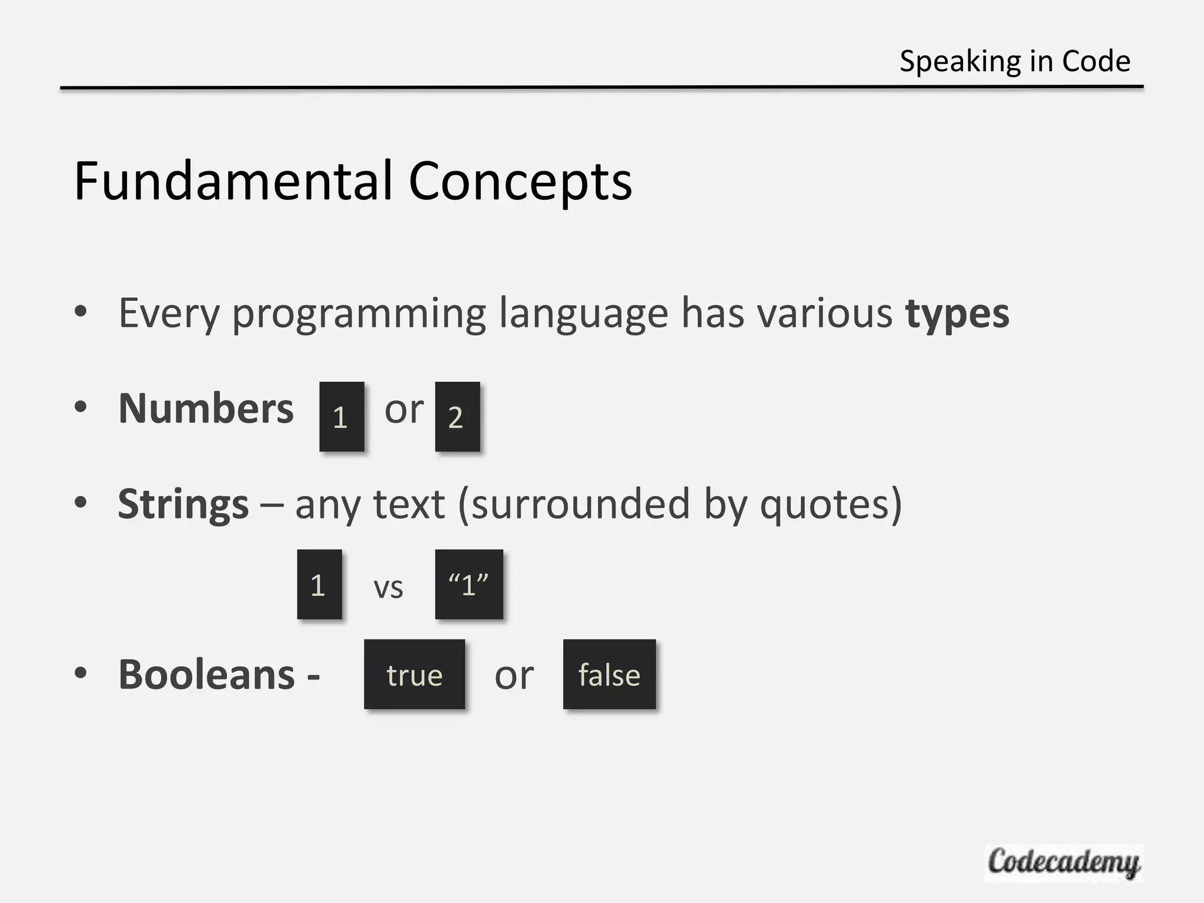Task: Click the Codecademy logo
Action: pyautogui.click(x=1063, y=862)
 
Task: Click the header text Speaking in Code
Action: pyautogui.click(x=1015, y=61)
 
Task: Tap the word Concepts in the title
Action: pyautogui.click(x=520, y=182)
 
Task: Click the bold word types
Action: pyautogui.click(x=957, y=314)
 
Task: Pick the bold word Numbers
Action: pyautogui.click(x=206, y=408)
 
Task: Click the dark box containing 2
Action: pyautogui.click(x=457, y=416)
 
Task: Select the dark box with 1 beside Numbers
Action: pyautogui.click(x=342, y=416)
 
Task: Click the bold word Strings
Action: pyautogui.click(x=183, y=504)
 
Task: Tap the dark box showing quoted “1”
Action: pyautogui.click(x=469, y=584)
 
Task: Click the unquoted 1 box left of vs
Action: pyautogui.click(x=319, y=584)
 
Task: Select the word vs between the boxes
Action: pyautogui.click(x=388, y=587)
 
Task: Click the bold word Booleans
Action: pyautogui.click(x=206, y=674)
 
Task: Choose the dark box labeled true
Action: pyautogui.click(x=414, y=674)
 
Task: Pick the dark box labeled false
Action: pyautogui.click(x=609, y=674)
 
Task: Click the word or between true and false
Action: pyautogui.click(x=514, y=676)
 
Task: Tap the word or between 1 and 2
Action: pyautogui.click(x=404, y=409)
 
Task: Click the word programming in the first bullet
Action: pyautogui.click(x=359, y=314)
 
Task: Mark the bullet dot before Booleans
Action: pyautogui.click(x=81, y=673)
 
